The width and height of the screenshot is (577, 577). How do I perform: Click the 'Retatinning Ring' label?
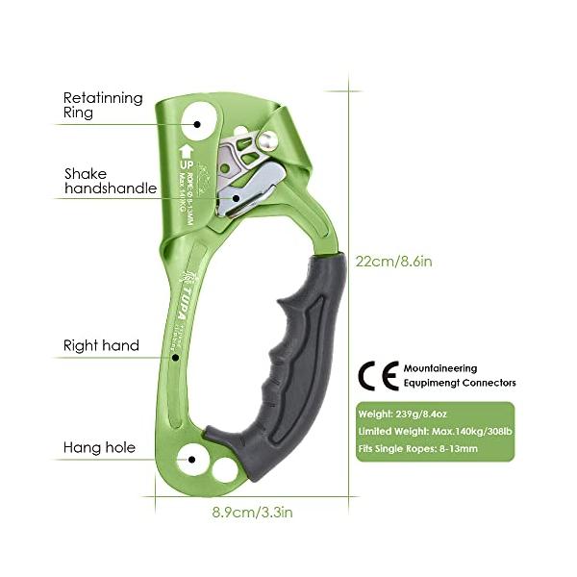[103, 105]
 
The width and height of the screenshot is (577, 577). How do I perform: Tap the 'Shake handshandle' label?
[109, 182]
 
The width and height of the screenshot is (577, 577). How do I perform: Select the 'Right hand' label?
[101, 345]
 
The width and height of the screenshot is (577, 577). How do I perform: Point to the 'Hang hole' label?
[99, 447]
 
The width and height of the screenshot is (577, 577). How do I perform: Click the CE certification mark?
[376, 374]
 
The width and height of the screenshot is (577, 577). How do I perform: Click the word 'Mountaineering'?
[439, 368]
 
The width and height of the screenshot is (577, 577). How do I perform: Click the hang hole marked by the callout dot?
[193, 461]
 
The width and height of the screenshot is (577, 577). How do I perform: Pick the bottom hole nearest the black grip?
[226, 469]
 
